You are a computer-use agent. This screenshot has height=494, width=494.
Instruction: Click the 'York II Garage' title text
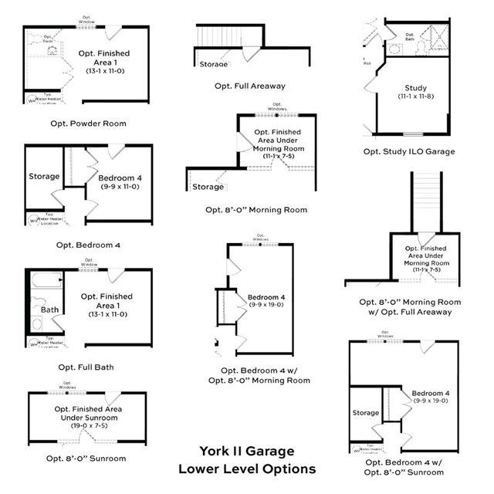(x=246, y=452)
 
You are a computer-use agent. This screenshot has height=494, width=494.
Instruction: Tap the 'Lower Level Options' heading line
(x=246, y=469)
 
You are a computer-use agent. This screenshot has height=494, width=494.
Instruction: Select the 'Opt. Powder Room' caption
(x=86, y=123)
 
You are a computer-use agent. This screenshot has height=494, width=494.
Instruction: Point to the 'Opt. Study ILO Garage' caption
(x=409, y=151)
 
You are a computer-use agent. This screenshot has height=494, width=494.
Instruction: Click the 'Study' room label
(x=415, y=88)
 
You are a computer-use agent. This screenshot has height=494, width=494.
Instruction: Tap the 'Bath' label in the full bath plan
(x=50, y=310)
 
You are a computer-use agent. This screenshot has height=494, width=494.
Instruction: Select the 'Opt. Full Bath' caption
(x=86, y=367)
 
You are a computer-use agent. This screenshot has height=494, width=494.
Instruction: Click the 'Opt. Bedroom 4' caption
(x=88, y=245)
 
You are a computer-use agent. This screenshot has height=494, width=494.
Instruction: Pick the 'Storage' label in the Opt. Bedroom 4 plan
(x=44, y=177)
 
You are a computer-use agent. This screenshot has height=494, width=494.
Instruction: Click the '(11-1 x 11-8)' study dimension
(x=415, y=97)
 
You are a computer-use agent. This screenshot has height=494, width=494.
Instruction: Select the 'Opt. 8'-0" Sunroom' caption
(x=86, y=458)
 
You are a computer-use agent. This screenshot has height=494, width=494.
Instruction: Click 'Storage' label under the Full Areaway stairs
(x=213, y=64)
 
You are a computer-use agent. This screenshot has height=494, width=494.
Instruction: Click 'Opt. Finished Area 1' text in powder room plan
(x=109, y=58)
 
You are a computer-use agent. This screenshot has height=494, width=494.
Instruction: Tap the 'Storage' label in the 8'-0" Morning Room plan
(x=208, y=187)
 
